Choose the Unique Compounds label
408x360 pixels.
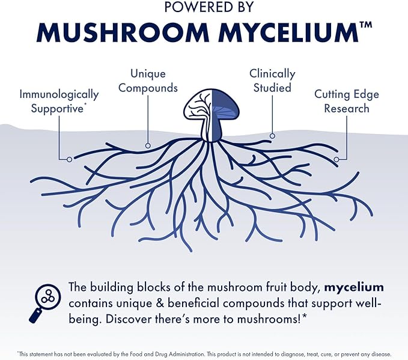coord(148,81)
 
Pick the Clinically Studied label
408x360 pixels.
coord(272,81)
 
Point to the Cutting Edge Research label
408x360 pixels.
coord(347,101)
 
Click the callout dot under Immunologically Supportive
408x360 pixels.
coord(70,159)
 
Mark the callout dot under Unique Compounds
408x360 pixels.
coord(147,145)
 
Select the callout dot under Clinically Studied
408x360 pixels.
coord(272,136)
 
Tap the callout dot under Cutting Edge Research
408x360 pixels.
coord(337,159)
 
